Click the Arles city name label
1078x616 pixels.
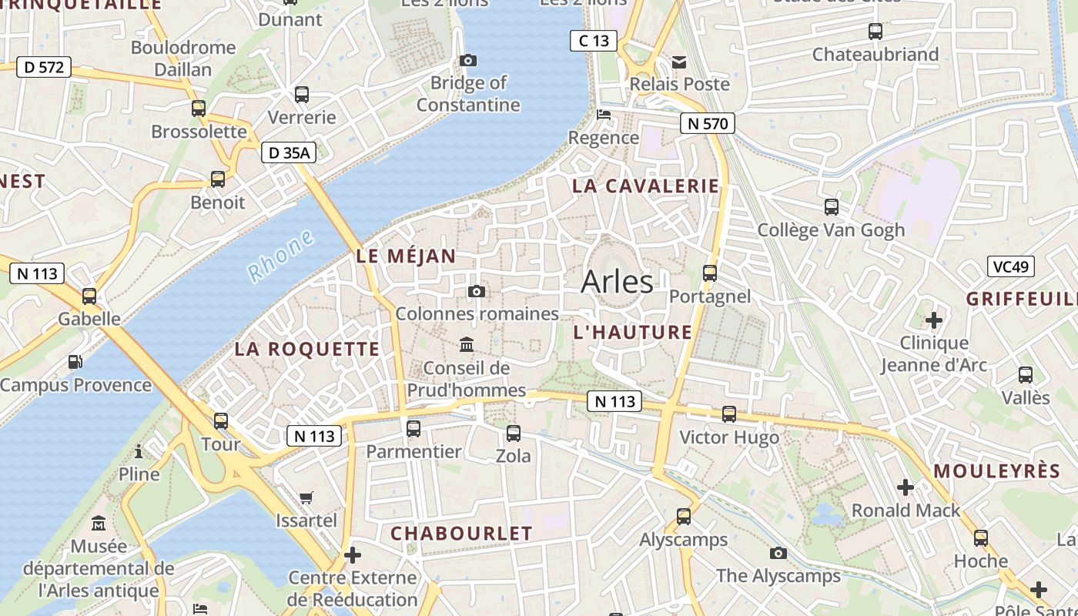click(617, 282)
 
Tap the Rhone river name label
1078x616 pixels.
click(281, 256)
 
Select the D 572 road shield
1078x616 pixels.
click(44, 67)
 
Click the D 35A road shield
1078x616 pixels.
click(289, 153)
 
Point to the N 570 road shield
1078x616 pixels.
click(708, 122)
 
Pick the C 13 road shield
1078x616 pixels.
click(594, 40)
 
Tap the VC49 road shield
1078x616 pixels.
click(1010, 266)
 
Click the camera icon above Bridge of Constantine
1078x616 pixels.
click(467, 60)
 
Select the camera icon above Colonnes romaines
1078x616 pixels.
click(477, 291)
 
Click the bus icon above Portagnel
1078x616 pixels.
click(710, 273)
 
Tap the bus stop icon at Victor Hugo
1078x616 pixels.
click(729, 414)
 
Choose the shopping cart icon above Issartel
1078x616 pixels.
click(306, 497)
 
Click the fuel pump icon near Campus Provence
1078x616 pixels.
click(75, 361)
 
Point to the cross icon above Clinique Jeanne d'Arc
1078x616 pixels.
click(934, 320)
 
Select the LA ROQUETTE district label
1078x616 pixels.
click(307, 349)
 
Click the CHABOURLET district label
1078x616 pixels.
click(461, 533)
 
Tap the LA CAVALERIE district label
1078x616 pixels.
click(645, 186)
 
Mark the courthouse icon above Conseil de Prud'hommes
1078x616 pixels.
click(467, 344)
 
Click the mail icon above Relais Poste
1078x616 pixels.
click(679, 62)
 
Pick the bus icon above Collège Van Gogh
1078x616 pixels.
click(832, 207)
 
